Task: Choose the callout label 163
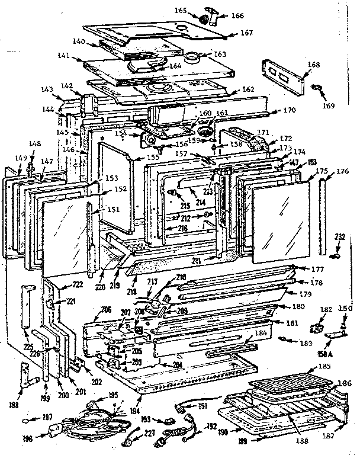(x=220, y=54)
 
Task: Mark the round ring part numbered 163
(x=193, y=58)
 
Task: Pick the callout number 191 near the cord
(x=202, y=406)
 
